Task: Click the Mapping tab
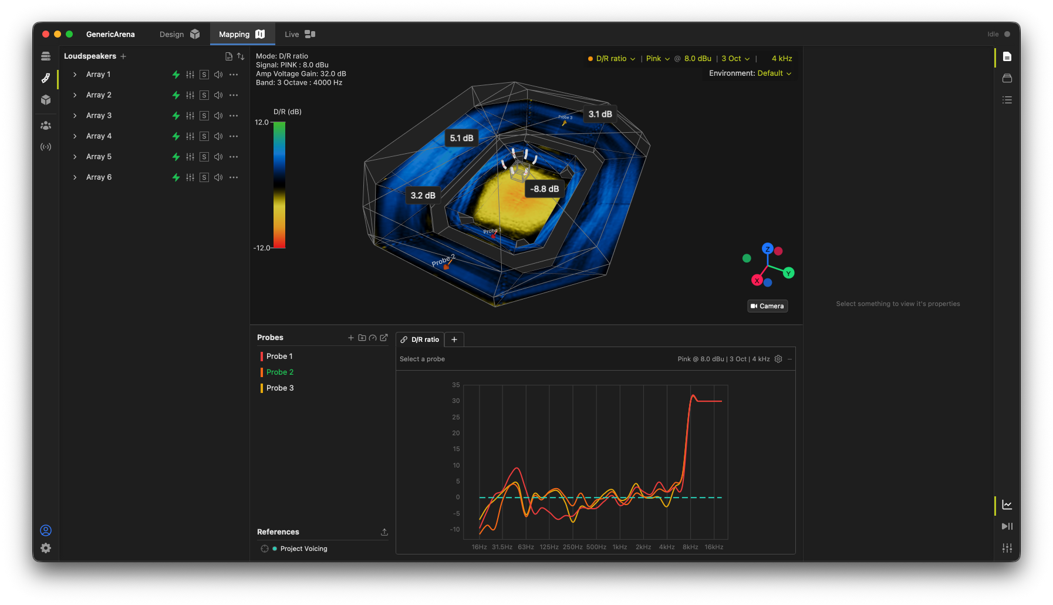[x=242, y=34]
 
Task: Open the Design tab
[x=180, y=34]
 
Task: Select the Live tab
[x=300, y=34]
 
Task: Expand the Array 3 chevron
[x=75, y=116]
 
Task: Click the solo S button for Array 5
[x=204, y=157]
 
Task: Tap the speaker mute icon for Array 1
[x=218, y=75]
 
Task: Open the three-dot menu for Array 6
[x=234, y=177]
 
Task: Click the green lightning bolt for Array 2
[x=176, y=95]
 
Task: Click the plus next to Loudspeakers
[x=123, y=56]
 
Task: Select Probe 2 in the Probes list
[x=280, y=372]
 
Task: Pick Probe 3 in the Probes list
[x=280, y=388]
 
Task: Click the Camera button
[x=767, y=306]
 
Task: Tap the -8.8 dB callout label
[x=544, y=189]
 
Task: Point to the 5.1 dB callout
[x=461, y=138]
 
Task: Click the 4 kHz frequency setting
[x=782, y=59]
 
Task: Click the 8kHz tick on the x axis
[x=690, y=547]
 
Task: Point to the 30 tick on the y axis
[x=456, y=401]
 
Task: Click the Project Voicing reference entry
[x=303, y=549]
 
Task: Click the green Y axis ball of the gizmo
[x=788, y=273]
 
